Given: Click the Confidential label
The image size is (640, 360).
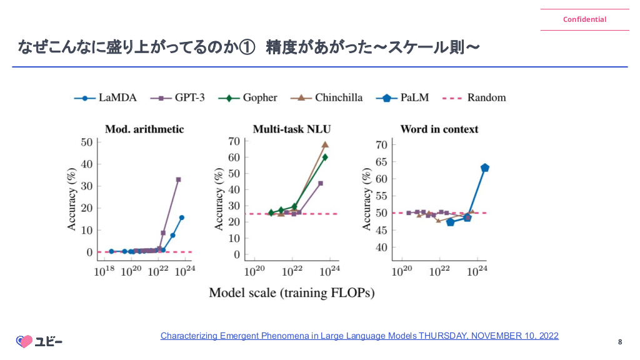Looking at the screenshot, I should [584, 19].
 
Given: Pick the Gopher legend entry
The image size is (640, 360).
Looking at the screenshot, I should [252, 97].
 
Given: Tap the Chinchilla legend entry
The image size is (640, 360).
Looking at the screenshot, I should [329, 97].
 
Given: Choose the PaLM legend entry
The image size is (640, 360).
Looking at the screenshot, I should [404, 97].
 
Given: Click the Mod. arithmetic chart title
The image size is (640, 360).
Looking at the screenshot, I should [144, 129].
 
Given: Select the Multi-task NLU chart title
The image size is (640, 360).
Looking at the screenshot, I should [292, 129].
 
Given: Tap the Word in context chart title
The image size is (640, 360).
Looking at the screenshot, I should [439, 129].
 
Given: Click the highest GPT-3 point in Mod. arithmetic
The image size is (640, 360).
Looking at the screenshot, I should [178, 179].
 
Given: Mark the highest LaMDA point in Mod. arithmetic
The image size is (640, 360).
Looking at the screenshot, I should [182, 217].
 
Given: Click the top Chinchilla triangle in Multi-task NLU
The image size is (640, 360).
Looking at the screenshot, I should [325, 144].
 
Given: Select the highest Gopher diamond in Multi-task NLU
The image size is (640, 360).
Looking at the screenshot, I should [325, 157].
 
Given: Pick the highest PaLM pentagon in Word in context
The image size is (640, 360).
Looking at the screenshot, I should [484, 167].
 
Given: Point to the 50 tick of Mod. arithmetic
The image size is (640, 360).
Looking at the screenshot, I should [86, 142].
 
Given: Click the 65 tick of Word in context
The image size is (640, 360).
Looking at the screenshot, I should [381, 162].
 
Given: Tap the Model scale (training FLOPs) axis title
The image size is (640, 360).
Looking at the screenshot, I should [291, 292].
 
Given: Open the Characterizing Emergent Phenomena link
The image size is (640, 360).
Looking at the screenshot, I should [359, 336].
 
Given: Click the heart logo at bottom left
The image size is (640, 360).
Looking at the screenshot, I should [24, 341].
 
